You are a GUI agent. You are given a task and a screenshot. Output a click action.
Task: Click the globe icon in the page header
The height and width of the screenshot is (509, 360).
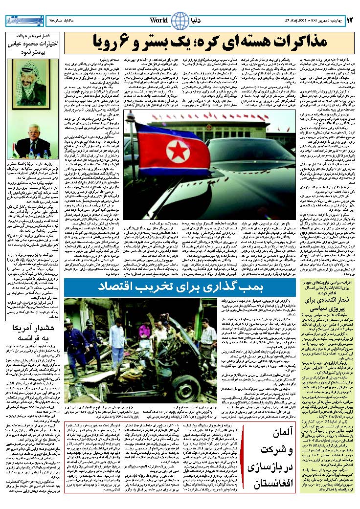(x=180, y=21)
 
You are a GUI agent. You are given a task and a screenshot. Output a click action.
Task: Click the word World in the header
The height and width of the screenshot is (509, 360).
(x=159, y=21)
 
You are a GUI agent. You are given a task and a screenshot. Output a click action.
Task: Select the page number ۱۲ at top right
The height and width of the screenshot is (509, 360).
(x=350, y=21)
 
